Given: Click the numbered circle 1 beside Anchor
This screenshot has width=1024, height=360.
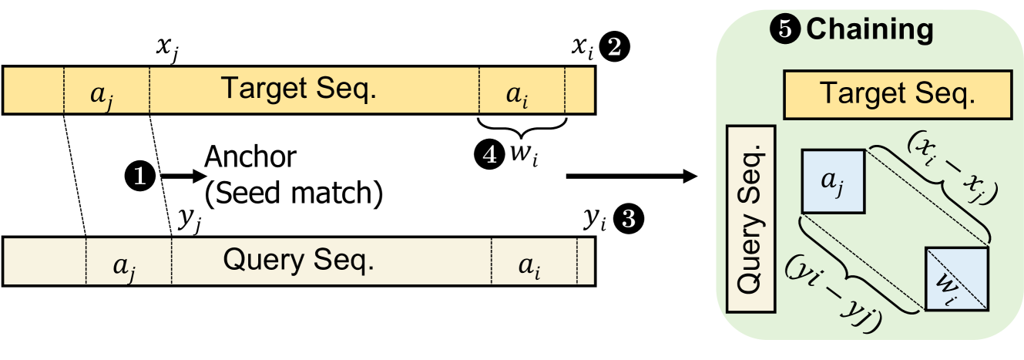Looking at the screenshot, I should pos(144,177).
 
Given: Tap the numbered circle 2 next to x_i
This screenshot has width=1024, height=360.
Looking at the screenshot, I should pos(618,49).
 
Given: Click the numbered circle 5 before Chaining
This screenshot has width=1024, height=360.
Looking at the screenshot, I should pos(785,31).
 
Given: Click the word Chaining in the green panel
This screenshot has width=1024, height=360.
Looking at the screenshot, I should pos(870,31).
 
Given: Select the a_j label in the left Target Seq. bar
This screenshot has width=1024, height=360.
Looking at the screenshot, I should pos(106,95).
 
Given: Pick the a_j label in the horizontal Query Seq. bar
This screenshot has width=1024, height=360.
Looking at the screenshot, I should pos(127,264).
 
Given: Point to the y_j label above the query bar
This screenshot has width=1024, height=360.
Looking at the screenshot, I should pos(190,220).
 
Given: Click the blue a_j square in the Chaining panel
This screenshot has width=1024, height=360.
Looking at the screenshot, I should pos(835,180).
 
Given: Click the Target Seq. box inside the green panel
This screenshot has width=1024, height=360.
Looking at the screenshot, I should pos(897,94).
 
